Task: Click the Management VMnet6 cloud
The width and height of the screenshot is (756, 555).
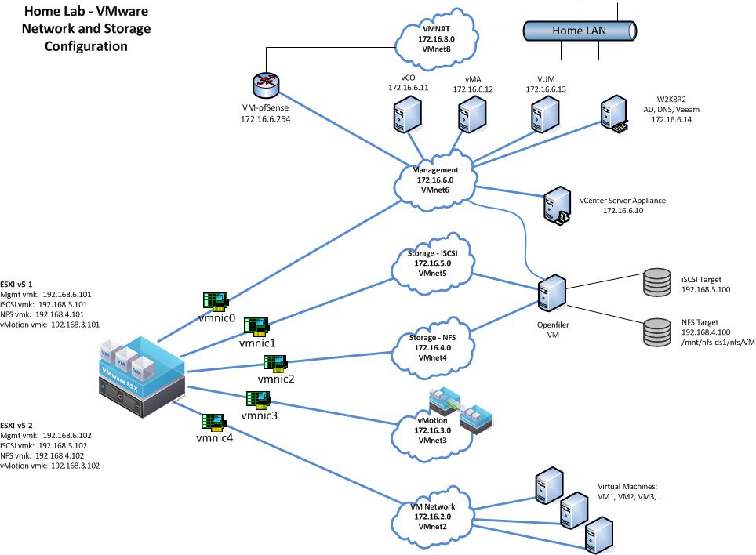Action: pyautogui.click(x=435, y=180)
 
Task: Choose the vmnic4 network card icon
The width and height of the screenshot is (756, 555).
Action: pyautogui.click(x=214, y=419)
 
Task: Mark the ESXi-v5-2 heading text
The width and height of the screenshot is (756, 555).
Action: pyautogui.click(x=23, y=424)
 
